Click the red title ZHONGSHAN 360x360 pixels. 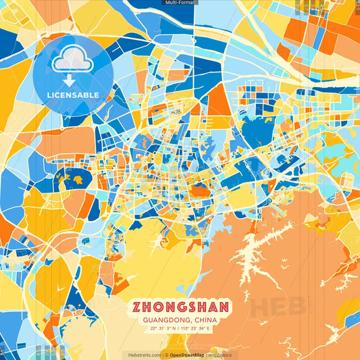tap(180, 307)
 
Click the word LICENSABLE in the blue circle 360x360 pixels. tap(72, 94)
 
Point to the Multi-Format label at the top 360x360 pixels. tap(180, 3)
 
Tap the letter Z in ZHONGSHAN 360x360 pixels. tap(138, 307)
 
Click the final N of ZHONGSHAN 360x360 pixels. tap(223, 307)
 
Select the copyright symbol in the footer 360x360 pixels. tap(166, 355)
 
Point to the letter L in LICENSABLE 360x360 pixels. tap(49, 94)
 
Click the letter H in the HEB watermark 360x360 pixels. tap(260, 307)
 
